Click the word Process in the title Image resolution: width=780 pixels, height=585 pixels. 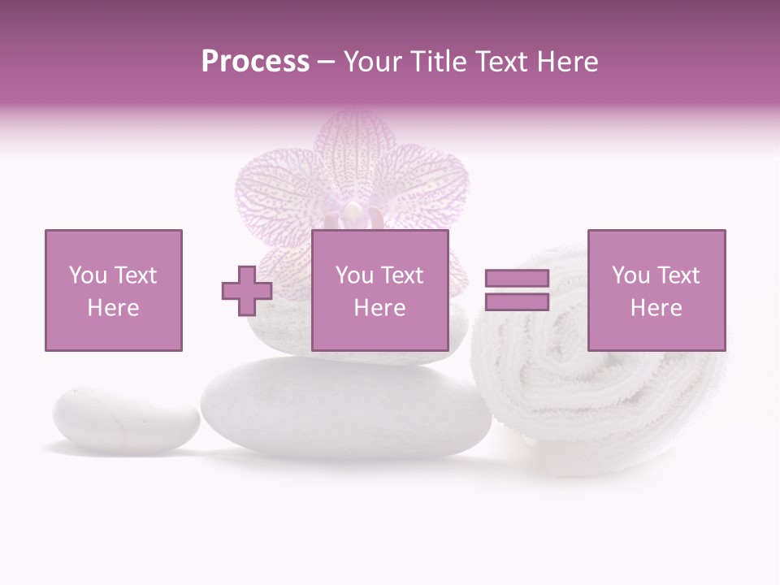click(255, 62)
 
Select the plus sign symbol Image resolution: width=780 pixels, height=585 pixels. click(247, 291)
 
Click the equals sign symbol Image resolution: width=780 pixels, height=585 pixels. click(517, 290)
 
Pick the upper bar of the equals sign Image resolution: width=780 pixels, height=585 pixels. click(517, 279)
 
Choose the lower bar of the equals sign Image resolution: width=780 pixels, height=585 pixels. click(517, 302)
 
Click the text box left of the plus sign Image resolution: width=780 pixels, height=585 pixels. click(114, 290)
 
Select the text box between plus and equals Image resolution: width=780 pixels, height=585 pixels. click(379, 290)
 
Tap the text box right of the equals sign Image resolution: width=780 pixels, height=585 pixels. click(656, 290)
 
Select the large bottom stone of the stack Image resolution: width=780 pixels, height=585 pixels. click(345, 406)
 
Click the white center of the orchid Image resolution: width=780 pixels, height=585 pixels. click(353, 213)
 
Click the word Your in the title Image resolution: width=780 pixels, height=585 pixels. click(372, 62)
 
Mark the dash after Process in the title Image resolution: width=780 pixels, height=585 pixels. click(326, 63)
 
